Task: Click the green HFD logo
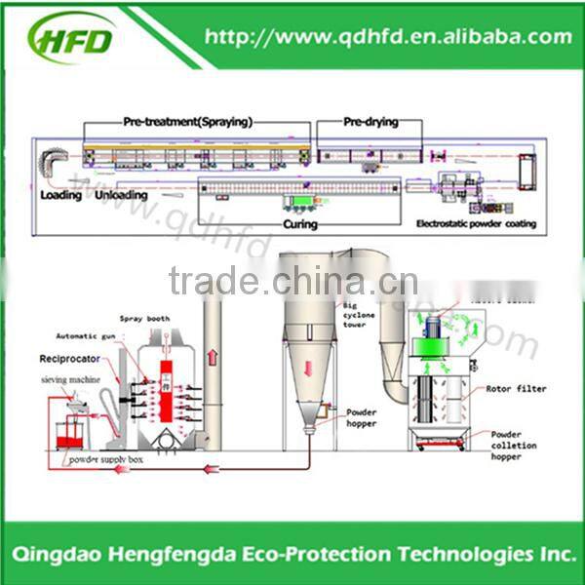72,39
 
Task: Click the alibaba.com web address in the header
388,37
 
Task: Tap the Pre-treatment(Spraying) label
187,123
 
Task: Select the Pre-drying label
370,123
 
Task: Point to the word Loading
60,195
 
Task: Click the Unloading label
122,195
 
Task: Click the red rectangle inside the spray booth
166,386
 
